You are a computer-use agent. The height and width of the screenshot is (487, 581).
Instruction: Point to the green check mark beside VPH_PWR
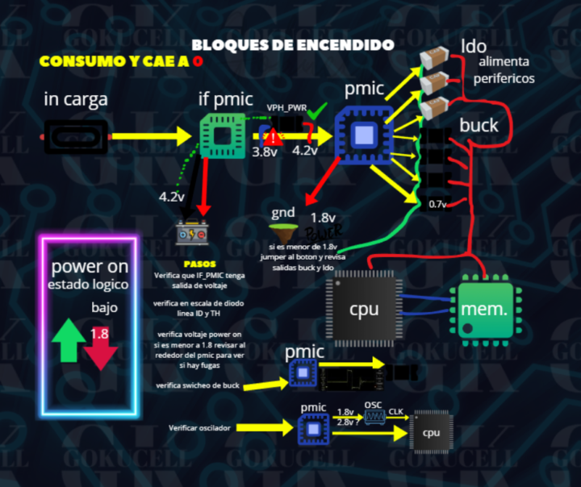point(319,109)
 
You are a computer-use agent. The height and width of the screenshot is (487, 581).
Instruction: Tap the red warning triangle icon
point(274,136)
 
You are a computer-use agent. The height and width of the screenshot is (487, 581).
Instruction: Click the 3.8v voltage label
point(265,151)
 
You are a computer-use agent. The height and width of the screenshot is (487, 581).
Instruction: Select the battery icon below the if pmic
point(196,233)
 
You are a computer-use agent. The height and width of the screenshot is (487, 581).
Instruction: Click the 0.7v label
point(437,203)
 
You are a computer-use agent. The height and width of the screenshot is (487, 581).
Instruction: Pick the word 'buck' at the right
point(479,125)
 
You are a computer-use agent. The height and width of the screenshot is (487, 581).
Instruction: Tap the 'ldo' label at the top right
point(474,46)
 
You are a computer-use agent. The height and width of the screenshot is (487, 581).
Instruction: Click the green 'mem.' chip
point(484,308)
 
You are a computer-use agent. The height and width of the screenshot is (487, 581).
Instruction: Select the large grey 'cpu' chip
point(363,308)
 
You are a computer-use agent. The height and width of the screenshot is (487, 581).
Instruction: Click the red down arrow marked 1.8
point(100,345)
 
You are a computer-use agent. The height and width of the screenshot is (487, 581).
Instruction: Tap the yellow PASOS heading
point(199,264)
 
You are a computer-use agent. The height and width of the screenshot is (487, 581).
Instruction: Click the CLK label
point(396,411)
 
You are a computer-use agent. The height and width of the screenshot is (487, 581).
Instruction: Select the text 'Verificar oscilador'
point(200,427)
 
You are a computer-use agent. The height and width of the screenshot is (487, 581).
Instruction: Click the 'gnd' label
point(284,213)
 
